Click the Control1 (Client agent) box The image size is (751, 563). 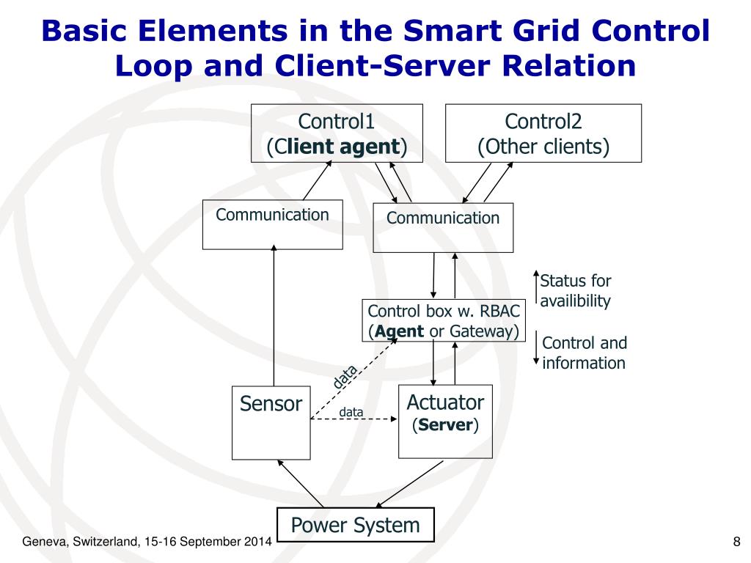coord(337,133)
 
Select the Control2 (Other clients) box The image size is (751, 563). coord(543,133)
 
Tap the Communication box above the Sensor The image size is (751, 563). coord(272,224)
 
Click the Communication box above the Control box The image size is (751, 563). coord(443,227)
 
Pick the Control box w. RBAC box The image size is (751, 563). coord(444,320)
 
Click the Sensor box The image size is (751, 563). coord(271,422)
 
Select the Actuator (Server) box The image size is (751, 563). coord(445,422)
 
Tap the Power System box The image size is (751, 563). coord(355,525)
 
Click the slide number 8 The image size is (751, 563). coord(736,542)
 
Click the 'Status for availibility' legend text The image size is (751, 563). coord(575,291)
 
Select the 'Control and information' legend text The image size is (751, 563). coord(584,353)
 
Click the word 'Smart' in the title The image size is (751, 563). coord(455,32)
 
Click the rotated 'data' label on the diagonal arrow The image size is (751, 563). coord(345,377)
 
